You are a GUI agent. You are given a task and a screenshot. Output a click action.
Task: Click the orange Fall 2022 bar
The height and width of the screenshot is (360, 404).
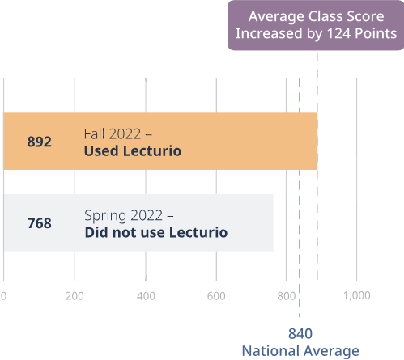[160, 142]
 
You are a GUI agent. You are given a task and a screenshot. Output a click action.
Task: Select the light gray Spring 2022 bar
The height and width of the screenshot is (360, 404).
[138, 222]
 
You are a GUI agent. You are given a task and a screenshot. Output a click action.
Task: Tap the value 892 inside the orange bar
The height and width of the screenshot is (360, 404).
[40, 142]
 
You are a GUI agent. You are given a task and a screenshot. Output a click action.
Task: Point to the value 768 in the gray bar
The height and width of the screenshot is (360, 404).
[40, 223]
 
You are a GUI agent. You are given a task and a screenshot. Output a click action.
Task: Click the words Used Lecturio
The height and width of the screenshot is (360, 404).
[133, 150]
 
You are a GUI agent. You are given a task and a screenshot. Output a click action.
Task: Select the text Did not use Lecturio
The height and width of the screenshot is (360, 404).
[156, 232]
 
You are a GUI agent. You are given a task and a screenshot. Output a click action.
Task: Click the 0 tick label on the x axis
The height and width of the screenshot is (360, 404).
[3, 296]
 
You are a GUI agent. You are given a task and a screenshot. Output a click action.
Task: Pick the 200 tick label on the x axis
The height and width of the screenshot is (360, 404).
[74, 296]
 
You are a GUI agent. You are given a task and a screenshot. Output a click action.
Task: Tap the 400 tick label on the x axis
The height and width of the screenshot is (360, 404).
[146, 296]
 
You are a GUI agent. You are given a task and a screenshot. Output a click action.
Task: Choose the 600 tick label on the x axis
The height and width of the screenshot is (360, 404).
[216, 296]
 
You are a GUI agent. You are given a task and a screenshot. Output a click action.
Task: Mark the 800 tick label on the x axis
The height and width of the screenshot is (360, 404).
[287, 296]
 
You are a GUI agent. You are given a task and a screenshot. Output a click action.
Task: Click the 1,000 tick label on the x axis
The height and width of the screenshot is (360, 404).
[357, 295]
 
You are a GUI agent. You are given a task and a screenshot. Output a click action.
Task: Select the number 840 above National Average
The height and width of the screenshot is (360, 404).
[300, 333]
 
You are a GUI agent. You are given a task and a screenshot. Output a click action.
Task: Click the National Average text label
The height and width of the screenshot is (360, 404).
[300, 351]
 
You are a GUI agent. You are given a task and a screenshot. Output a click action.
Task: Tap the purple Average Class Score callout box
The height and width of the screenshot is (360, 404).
[316, 25]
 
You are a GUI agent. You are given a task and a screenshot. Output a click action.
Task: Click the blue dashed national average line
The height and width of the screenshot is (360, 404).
[300, 197]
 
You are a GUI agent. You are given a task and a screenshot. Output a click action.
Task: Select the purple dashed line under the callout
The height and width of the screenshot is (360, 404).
[317, 166]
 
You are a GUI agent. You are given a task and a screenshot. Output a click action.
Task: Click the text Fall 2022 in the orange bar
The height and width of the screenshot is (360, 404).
[113, 134]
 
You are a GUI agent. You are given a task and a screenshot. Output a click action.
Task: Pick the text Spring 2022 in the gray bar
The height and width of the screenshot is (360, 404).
[124, 215]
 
